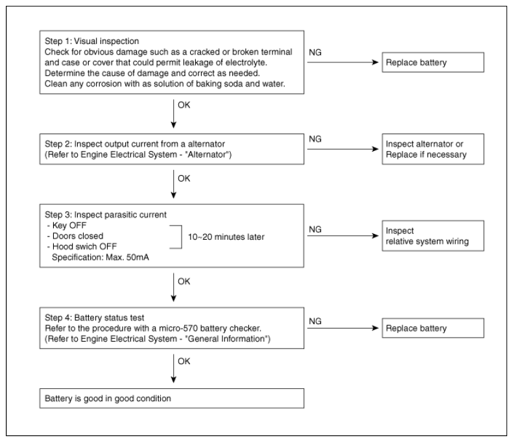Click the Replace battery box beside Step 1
433,62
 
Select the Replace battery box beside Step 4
433,328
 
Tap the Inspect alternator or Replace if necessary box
433,149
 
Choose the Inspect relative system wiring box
433,236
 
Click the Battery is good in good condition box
172,398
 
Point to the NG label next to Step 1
315,52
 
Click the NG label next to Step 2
315,139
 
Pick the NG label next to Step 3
315,229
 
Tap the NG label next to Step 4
315,321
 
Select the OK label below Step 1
184,105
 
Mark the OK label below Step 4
184,361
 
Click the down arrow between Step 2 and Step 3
174,184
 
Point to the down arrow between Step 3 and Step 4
174,287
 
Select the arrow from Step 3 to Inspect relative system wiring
343,236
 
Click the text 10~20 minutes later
226,237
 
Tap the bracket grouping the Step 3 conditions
182,237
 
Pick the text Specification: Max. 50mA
101,257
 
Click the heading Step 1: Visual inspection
91,41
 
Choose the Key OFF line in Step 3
67,226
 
